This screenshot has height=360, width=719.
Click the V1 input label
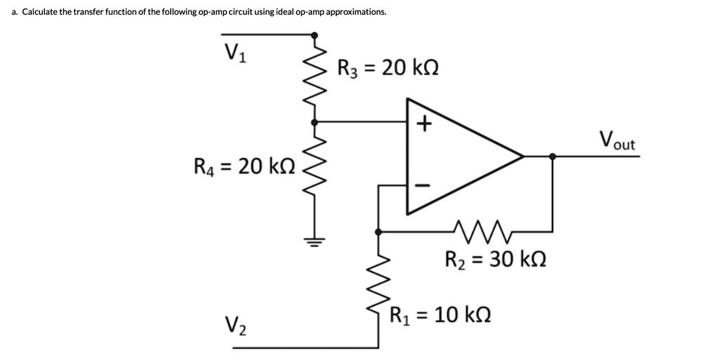pos(235,53)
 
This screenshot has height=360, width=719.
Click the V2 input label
pos(235,325)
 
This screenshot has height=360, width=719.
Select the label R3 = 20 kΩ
pos(388,69)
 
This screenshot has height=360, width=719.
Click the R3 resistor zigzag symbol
pos(315,77)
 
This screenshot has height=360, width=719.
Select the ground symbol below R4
pos(315,242)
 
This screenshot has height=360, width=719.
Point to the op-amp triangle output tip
pos(523,156)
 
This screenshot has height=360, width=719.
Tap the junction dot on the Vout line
pos(553,156)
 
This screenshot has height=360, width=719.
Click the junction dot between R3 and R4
pos(315,121)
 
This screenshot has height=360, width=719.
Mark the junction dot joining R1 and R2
pos(379,231)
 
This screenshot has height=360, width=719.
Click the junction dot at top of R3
pos(315,34)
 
